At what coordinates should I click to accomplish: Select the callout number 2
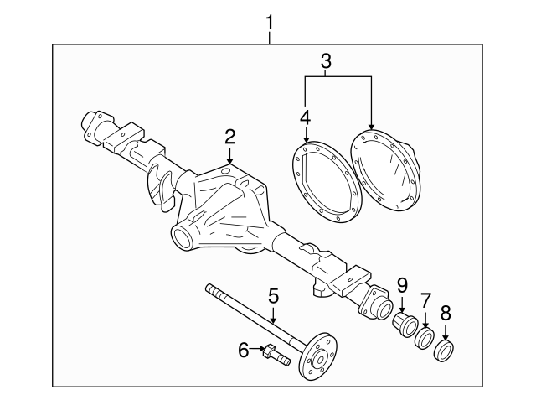pyautogui.click(x=229, y=137)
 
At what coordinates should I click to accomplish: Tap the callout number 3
pyautogui.click(x=326, y=60)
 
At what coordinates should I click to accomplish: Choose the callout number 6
pyautogui.click(x=244, y=351)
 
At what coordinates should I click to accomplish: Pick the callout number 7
pyautogui.click(x=425, y=300)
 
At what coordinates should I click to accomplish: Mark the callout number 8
pyautogui.click(x=445, y=314)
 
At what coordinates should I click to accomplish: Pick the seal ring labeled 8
pyautogui.click(x=446, y=350)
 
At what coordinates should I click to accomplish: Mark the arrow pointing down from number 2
pyautogui.click(x=229, y=156)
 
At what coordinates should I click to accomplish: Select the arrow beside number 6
pyautogui.click(x=258, y=351)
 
